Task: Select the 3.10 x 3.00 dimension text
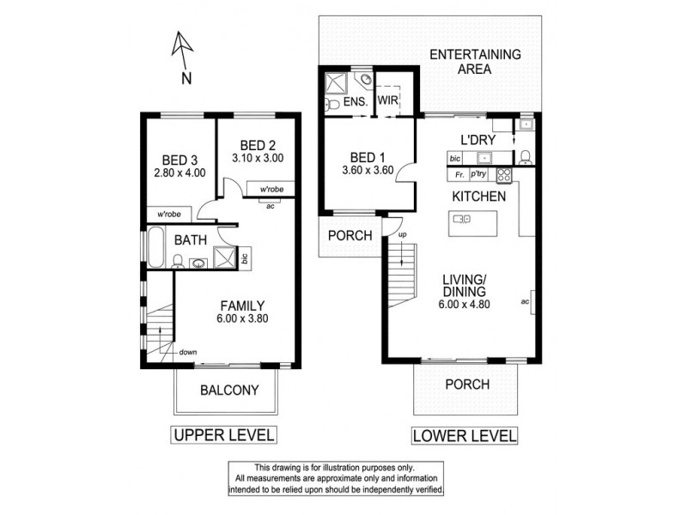click(x=258, y=158)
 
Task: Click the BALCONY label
click(x=228, y=390)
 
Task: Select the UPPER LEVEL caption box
click(x=224, y=435)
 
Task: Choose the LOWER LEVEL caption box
click(x=465, y=435)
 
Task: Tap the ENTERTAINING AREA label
click(x=475, y=62)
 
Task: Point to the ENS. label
click(x=356, y=102)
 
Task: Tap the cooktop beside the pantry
click(x=505, y=175)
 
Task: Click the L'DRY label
click(x=477, y=138)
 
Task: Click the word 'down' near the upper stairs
click(x=190, y=351)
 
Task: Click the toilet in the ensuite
click(x=332, y=104)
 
